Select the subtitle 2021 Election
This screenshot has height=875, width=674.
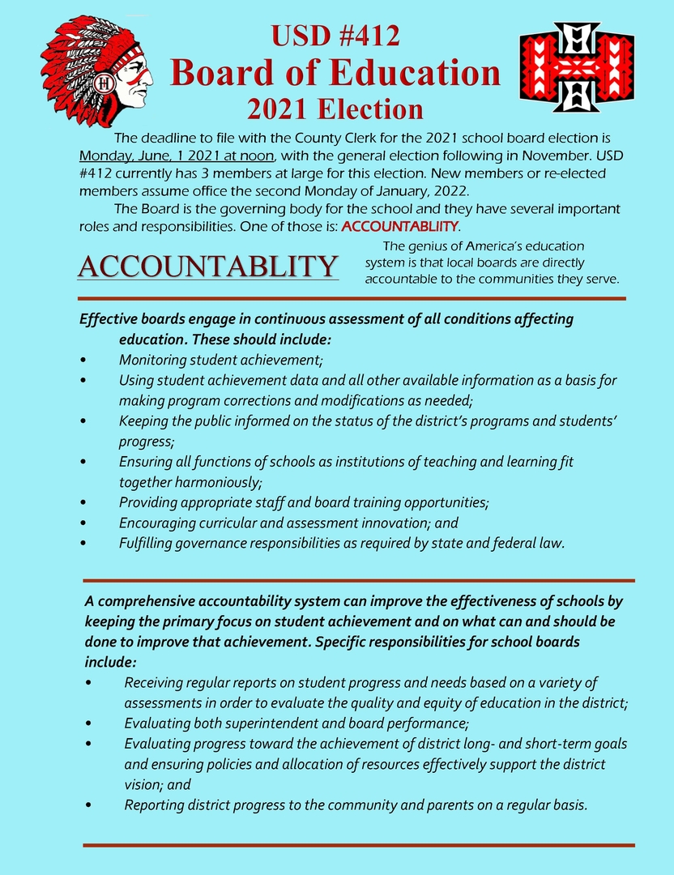click(335, 109)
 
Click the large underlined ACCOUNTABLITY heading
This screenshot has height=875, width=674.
click(207, 266)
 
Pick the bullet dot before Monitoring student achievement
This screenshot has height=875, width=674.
click(84, 360)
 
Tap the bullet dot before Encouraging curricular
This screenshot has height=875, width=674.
click(84, 523)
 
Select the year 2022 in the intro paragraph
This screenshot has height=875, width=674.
click(450, 190)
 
